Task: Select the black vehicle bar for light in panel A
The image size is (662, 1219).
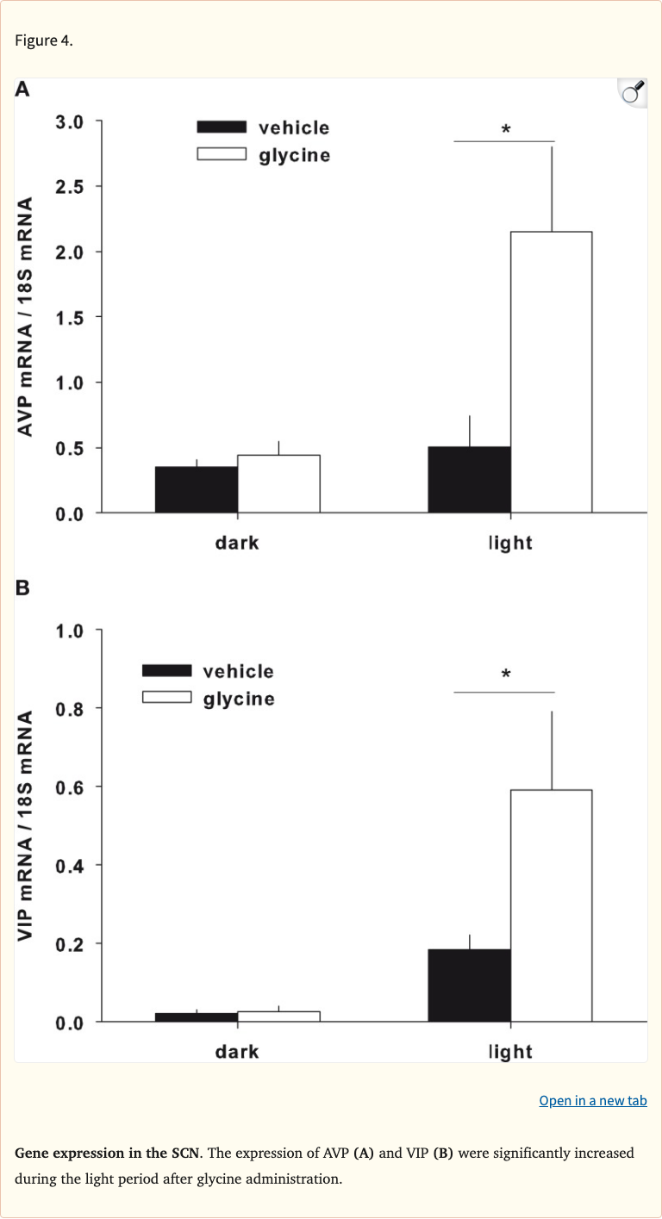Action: [469, 480]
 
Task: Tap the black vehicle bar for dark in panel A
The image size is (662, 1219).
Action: [196, 490]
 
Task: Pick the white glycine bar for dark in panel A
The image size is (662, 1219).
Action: [278, 484]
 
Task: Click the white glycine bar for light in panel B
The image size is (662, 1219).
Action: [551, 905]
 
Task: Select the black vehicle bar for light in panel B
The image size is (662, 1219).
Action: [469, 986]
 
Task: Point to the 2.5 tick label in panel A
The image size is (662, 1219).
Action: [70, 187]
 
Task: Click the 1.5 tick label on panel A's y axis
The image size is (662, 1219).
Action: [70, 318]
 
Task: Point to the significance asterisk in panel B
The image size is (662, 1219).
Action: [506, 675]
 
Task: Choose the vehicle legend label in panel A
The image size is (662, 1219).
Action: [294, 128]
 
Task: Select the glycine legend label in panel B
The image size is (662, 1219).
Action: [239, 699]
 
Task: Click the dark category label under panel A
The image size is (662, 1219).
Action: [237, 544]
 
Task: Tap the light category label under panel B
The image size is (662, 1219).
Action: [510, 1052]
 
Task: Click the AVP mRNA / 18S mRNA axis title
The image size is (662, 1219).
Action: [27, 316]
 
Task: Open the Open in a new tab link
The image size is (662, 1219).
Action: [592, 1101]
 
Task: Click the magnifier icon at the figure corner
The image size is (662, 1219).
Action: [632, 92]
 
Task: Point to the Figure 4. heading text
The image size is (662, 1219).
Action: [44, 40]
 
